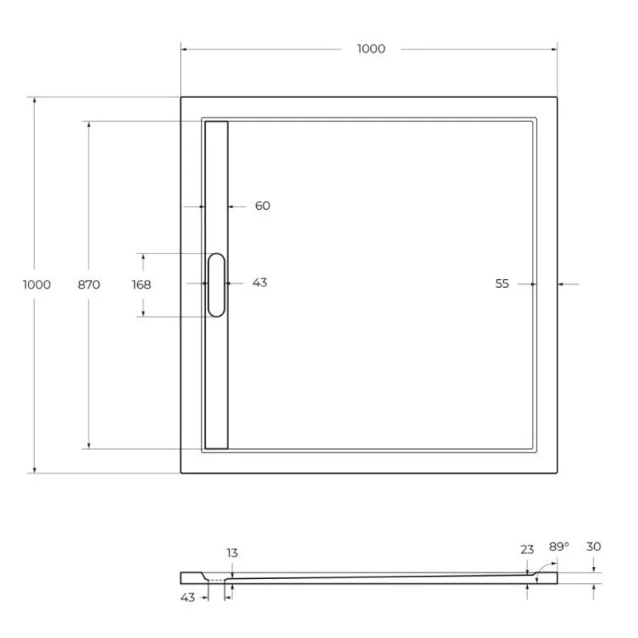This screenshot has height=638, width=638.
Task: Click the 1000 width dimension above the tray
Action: pyautogui.click(x=371, y=49)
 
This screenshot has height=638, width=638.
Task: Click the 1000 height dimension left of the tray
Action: pyautogui.click(x=37, y=285)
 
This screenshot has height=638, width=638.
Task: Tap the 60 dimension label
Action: pyautogui.click(x=262, y=206)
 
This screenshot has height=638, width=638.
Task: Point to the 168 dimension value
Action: pyautogui.click(x=141, y=284)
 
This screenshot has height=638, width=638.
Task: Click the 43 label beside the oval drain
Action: pyautogui.click(x=259, y=283)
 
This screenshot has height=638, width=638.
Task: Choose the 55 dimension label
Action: pyautogui.click(x=502, y=283)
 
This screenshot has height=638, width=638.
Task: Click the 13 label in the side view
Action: pyautogui.click(x=232, y=553)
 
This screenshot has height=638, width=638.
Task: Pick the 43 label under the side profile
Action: pyautogui.click(x=187, y=597)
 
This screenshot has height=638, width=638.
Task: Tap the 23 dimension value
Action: pyautogui.click(x=527, y=549)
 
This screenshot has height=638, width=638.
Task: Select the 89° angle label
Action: pyautogui.click(x=559, y=546)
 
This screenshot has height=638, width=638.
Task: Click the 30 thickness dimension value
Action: pyautogui.click(x=593, y=546)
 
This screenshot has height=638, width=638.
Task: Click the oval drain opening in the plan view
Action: pyautogui.click(x=216, y=285)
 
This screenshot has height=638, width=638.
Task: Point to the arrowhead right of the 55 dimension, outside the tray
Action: pyautogui.click(x=561, y=283)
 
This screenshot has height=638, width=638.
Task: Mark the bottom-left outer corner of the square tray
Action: pyautogui.click(x=181, y=473)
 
